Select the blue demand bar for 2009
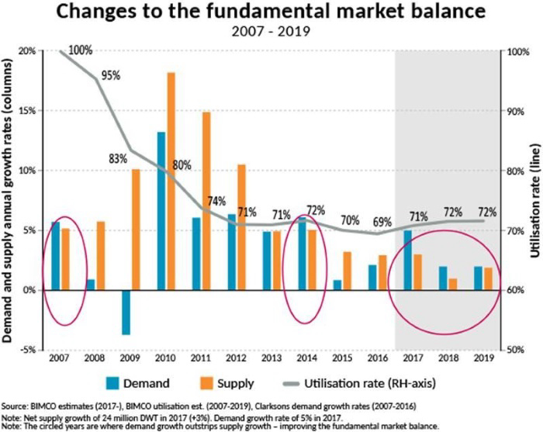click(x=126, y=312)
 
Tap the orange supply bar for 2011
click(x=206, y=201)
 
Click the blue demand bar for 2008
click(x=91, y=284)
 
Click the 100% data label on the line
click(x=81, y=50)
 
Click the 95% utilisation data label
click(x=110, y=76)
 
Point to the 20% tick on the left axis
click(x=28, y=51)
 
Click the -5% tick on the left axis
click(x=28, y=349)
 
